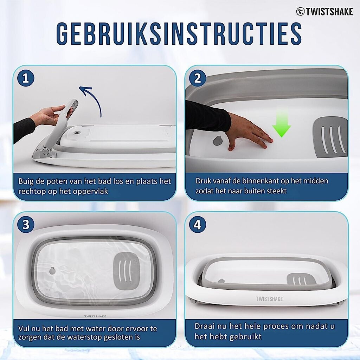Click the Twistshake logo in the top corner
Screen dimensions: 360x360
click(324, 12)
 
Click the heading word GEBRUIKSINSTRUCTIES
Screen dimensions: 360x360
click(179, 34)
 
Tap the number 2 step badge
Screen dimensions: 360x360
click(198, 78)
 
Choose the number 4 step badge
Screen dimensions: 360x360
click(198, 225)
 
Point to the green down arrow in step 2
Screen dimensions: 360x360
click(282, 124)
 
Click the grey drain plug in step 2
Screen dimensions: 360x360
click(217, 141)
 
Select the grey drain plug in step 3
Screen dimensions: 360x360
click(52, 271)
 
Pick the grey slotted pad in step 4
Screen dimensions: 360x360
click(301, 279)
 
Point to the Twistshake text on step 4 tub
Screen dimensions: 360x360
click(269, 299)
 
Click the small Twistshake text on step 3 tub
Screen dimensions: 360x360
click(95, 316)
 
